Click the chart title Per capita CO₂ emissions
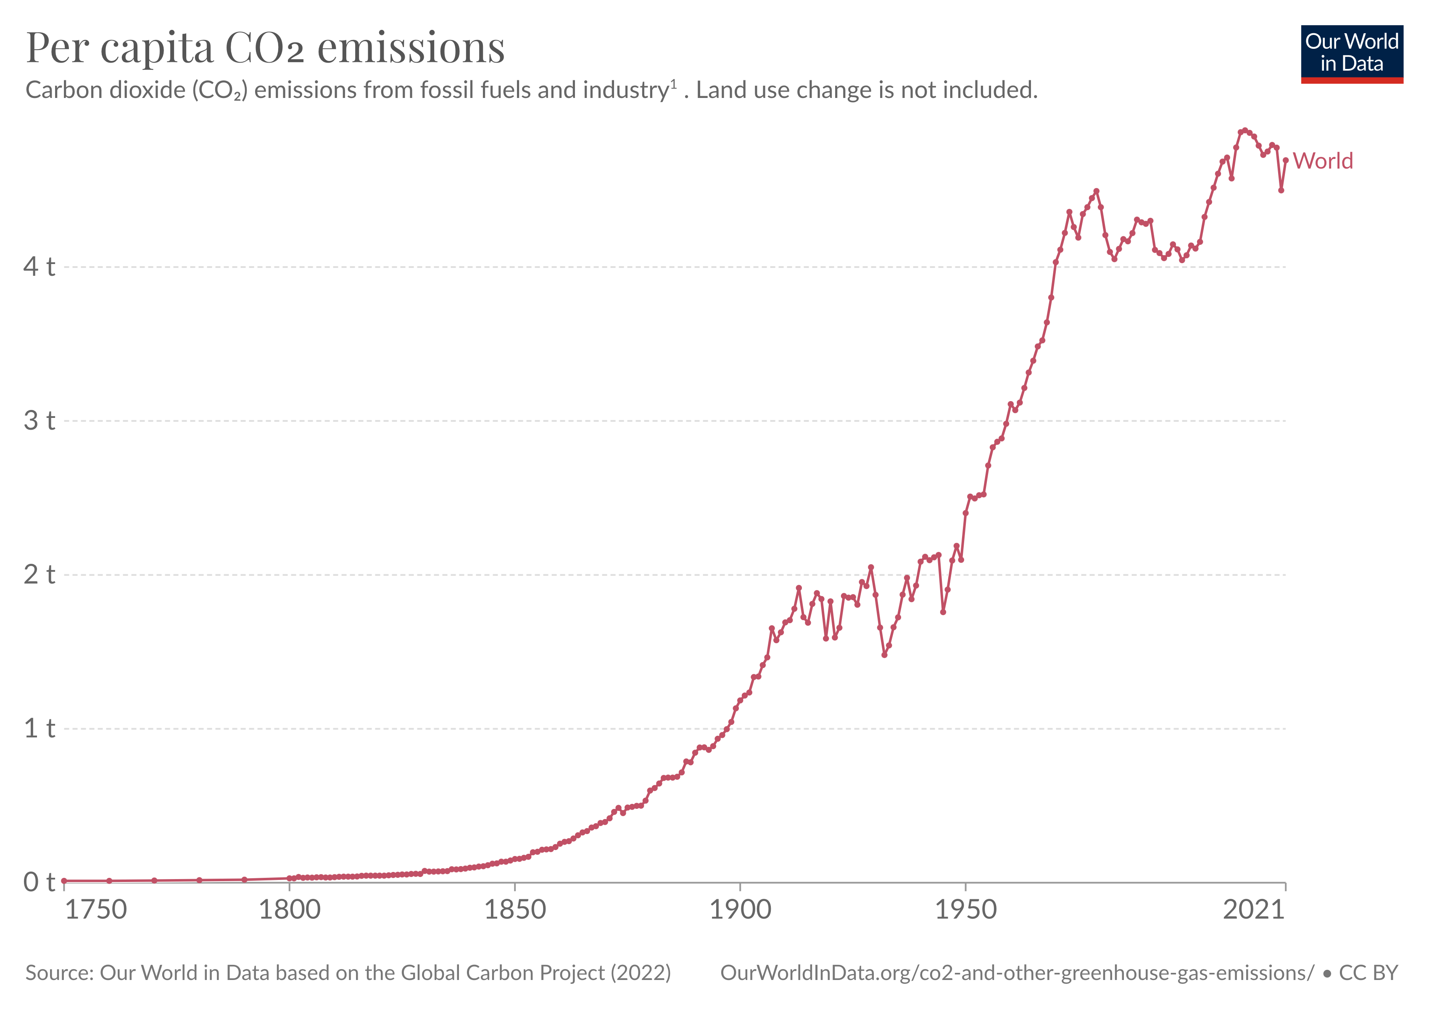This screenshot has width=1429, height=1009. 265,48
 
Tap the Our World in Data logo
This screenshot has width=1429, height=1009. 1351,53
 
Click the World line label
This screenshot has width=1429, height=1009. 1323,161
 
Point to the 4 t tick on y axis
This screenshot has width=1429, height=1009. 39,267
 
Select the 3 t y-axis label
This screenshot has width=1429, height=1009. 39,421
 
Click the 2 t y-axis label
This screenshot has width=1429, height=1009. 39,575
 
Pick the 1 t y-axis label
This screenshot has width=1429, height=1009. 39,728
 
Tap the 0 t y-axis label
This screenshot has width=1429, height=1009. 39,882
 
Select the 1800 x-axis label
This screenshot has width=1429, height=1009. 290,910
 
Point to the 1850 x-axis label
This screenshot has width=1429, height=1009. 515,910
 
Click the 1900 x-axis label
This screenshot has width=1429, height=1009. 740,910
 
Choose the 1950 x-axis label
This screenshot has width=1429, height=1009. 965,910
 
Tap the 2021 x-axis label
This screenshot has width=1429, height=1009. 1253,910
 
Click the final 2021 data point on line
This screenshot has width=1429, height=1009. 1285,161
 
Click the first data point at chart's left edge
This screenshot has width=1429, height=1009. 64,881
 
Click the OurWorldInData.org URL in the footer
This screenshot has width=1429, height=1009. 1017,973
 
